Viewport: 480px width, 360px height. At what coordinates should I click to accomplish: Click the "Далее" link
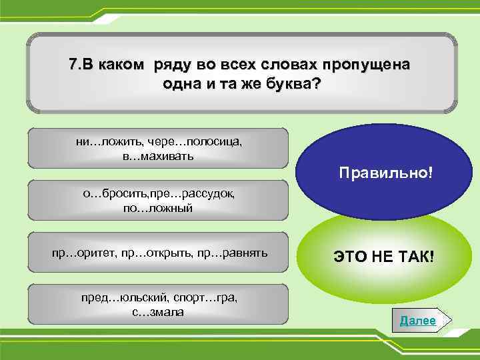[x=418, y=321]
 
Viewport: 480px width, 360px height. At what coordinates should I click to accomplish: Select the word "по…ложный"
[x=158, y=209]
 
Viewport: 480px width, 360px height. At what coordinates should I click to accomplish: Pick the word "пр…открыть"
[x=155, y=253]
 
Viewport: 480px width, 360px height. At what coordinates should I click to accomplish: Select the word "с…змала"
[x=158, y=312]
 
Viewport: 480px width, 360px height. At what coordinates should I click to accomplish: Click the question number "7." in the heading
[x=74, y=65]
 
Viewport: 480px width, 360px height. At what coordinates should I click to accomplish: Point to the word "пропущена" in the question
[x=367, y=65]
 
